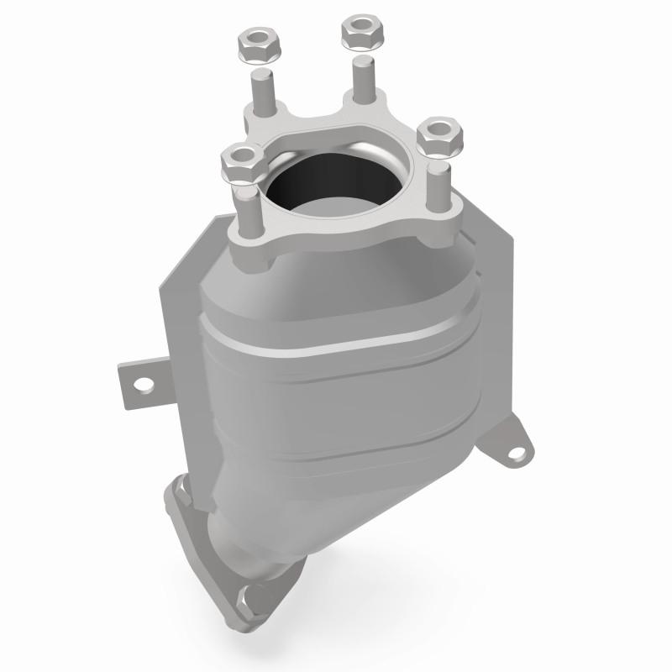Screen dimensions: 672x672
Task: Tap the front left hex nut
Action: [241, 161]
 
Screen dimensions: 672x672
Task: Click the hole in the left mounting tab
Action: [142, 384]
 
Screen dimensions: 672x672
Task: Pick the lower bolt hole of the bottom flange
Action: [246, 599]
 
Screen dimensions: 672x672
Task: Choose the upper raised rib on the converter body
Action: [336, 344]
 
